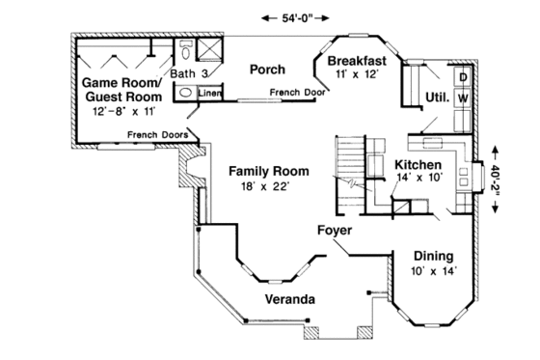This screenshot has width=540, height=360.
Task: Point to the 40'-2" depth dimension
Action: coord(496,180)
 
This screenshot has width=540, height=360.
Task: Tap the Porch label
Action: coord(265,69)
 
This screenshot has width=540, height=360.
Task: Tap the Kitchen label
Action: coord(418,165)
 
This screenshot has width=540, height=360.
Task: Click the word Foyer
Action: coord(334,232)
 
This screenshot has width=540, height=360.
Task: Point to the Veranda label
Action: coord(289,299)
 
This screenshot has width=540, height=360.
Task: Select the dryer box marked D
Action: coord(462,75)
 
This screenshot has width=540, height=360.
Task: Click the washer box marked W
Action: coord(462,97)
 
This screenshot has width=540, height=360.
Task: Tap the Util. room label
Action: coord(436,97)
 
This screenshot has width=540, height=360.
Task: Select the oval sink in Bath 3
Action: coord(184,93)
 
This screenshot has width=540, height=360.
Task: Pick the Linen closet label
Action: coord(210,93)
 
